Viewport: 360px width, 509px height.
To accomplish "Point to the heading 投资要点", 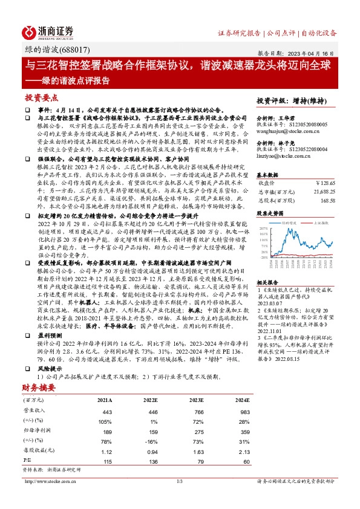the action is [41, 97].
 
